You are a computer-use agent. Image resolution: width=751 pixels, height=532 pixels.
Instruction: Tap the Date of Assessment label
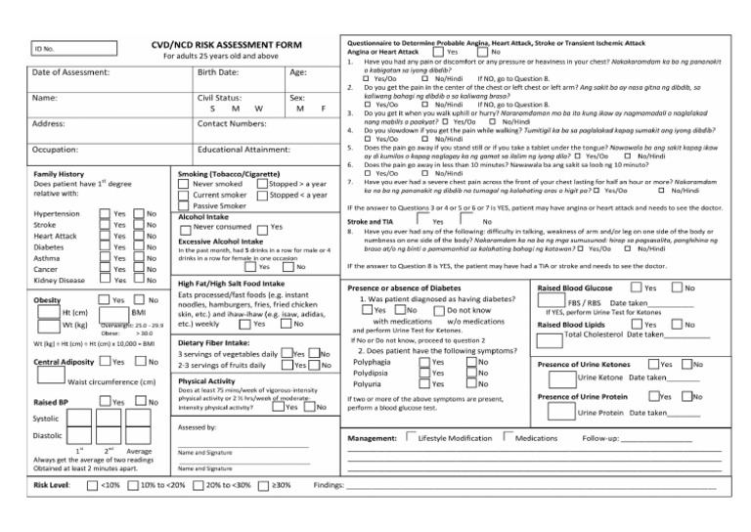(69, 72)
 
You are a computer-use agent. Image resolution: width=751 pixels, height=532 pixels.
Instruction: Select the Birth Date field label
(219, 72)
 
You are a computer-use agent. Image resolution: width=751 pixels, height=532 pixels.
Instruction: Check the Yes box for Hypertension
(106, 213)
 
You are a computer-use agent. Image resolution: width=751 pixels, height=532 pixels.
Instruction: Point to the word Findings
(330, 484)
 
